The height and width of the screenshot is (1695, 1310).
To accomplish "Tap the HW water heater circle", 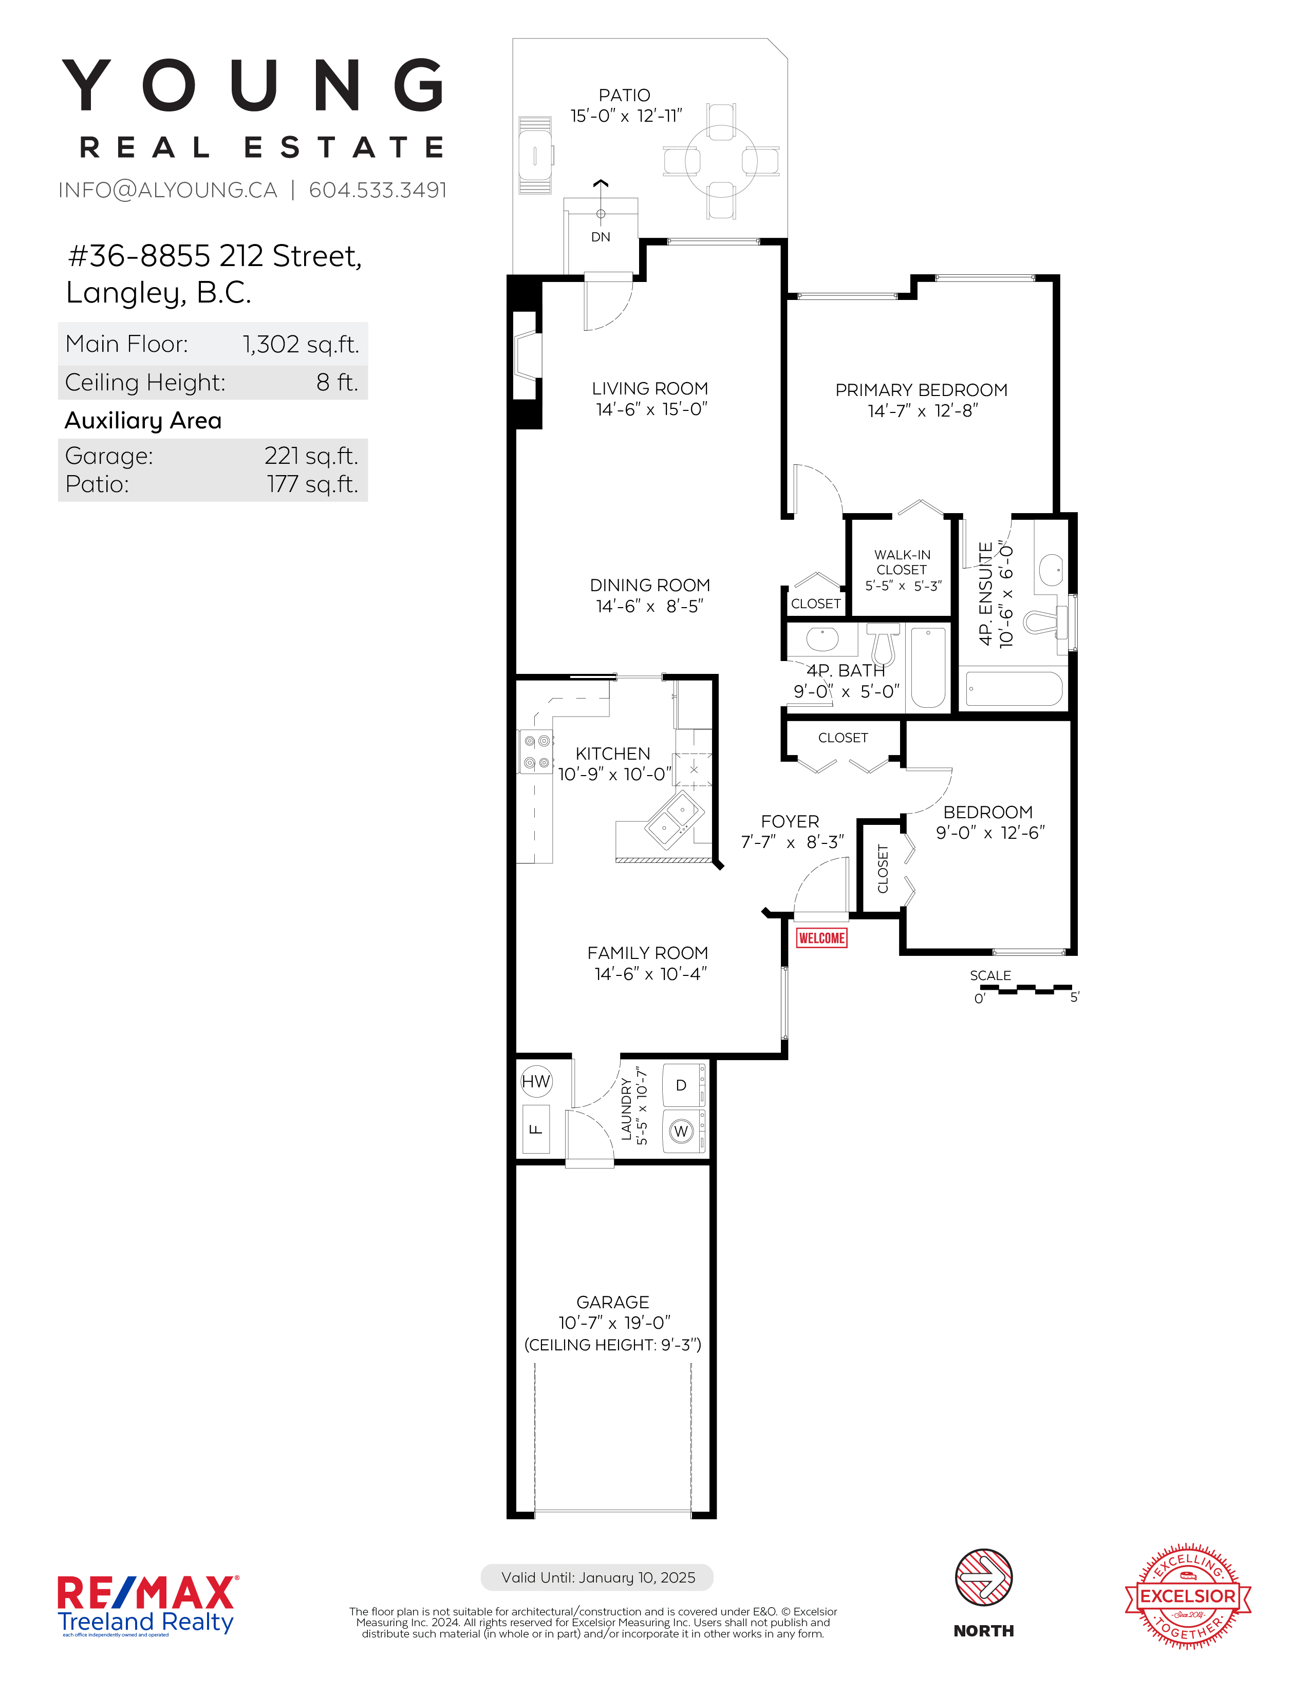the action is [x=535, y=1081].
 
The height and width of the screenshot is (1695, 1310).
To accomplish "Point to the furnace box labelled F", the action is [x=535, y=1129].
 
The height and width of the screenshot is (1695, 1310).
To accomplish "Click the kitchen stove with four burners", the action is [x=535, y=752].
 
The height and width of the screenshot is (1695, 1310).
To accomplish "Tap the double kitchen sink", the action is [x=673, y=820].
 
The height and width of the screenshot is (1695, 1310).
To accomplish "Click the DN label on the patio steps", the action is [x=601, y=237].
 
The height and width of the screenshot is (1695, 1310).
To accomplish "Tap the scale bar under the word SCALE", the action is [x=1026, y=989].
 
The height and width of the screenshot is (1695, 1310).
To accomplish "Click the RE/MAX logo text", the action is [x=147, y=1593].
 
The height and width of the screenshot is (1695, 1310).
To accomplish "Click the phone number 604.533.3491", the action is [x=378, y=190].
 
